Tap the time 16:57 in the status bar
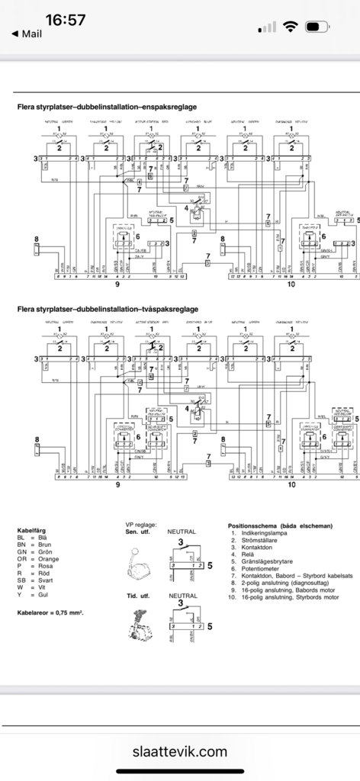coord(65,20)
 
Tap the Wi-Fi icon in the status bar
coord(290,27)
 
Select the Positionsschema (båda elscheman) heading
coord(280,526)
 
